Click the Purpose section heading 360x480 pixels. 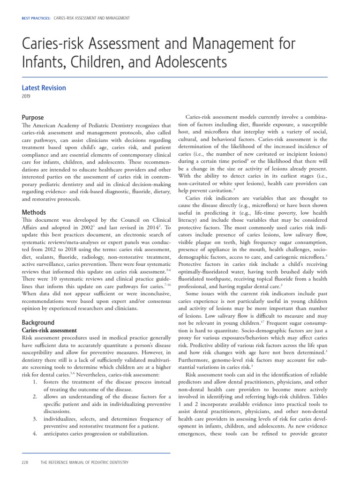tap(33, 118)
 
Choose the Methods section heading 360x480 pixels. tap(34, 212)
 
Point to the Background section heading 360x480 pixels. tap(38, 322)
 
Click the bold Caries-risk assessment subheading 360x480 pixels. tap(50, 330)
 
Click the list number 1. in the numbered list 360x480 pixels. tap(35, 382)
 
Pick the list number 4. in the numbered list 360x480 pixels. tap(35, 434)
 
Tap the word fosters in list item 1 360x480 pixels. tap(53, 382)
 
